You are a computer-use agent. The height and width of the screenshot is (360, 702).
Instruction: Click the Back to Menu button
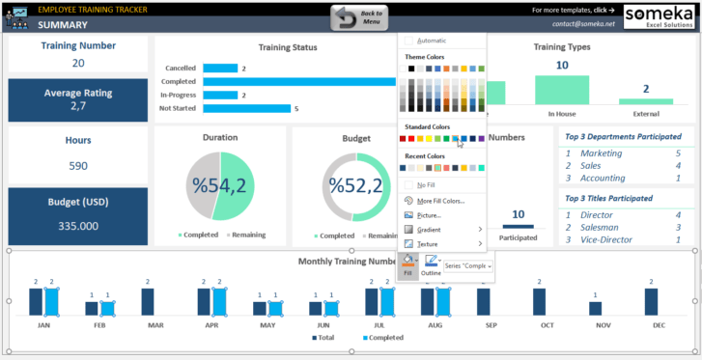coord(360,17)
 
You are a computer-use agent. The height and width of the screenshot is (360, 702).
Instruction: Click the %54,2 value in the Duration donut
coord(219,185)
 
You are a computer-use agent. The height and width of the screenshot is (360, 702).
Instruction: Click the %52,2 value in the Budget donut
coord(350,185)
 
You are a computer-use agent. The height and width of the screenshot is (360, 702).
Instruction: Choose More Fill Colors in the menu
coord(441,201)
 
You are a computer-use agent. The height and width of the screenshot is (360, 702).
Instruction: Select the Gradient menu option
coord(430,230)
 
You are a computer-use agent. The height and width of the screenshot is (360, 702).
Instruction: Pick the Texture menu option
coord(429,244)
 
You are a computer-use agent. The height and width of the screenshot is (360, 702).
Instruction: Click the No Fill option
coord(425,184)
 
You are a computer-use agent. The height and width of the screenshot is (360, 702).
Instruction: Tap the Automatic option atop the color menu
coord(432,41)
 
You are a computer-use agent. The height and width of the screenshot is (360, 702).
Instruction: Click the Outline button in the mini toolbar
coord(432,266)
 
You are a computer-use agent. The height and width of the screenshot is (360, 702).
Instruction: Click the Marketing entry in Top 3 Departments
coord(602,152)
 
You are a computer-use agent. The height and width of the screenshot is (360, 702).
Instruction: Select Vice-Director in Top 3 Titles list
coord(607,239)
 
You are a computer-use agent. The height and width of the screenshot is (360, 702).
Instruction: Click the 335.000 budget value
coord(78,226)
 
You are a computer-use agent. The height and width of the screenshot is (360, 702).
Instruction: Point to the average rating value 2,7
coord(78,107)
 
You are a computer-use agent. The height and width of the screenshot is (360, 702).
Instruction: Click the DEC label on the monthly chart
coord(660,325)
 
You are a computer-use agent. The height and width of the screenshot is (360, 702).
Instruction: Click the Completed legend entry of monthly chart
coord(383,339)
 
